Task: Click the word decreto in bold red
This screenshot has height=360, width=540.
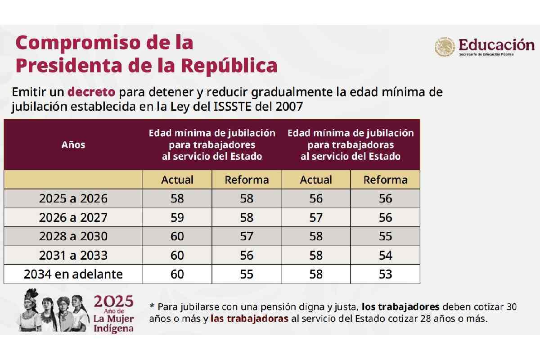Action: [x=91, y=92]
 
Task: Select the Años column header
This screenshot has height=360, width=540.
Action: [x=73, y=145]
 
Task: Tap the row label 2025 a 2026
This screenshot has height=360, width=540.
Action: [x=73, y=198]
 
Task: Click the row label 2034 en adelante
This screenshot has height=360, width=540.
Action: [x=73, y=274]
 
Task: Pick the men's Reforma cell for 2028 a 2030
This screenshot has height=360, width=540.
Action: [x=247, y=236]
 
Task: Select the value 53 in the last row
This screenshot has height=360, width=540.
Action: [x=385, y=274]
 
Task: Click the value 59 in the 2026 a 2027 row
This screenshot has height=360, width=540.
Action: [x=177, y=217]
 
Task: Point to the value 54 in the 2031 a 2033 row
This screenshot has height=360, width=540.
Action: [x=385, y=255]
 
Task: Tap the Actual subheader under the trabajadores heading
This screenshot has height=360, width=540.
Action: [x=177, y=180]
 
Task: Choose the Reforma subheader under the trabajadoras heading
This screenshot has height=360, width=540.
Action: [x=385, y=180]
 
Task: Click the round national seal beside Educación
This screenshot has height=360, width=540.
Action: [x=445, y=47]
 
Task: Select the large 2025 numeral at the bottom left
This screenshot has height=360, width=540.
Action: [x=113, y=301]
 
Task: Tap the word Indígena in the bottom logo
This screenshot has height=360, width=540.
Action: [x=113, y=328]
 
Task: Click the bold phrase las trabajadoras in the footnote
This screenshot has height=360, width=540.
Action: [x=249, y=319]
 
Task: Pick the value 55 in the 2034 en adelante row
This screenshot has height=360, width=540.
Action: [x=247, y=274]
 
